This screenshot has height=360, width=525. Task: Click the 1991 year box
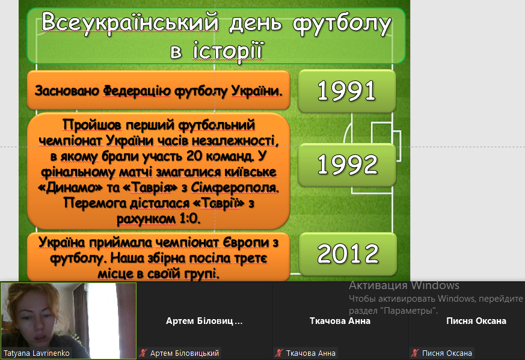(347, 91)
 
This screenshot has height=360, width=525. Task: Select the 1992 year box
(347, 165)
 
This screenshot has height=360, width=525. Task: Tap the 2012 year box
(348, 254)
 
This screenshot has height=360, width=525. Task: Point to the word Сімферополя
(235, 188)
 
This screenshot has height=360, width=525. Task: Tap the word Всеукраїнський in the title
(130, 23)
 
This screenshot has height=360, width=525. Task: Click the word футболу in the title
(342, 23)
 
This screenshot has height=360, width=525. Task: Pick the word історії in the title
(229, 51)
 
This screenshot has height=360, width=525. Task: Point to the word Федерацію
(137, 91)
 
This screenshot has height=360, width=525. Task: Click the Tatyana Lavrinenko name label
(37, 353)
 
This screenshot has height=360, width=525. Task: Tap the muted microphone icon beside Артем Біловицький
(143, 353)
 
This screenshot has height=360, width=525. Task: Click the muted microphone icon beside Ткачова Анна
(279, 353)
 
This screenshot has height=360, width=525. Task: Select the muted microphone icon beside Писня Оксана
(415, 353)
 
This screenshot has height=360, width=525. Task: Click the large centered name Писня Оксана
(476, 321)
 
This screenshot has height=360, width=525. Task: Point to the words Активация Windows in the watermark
(404, 285)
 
